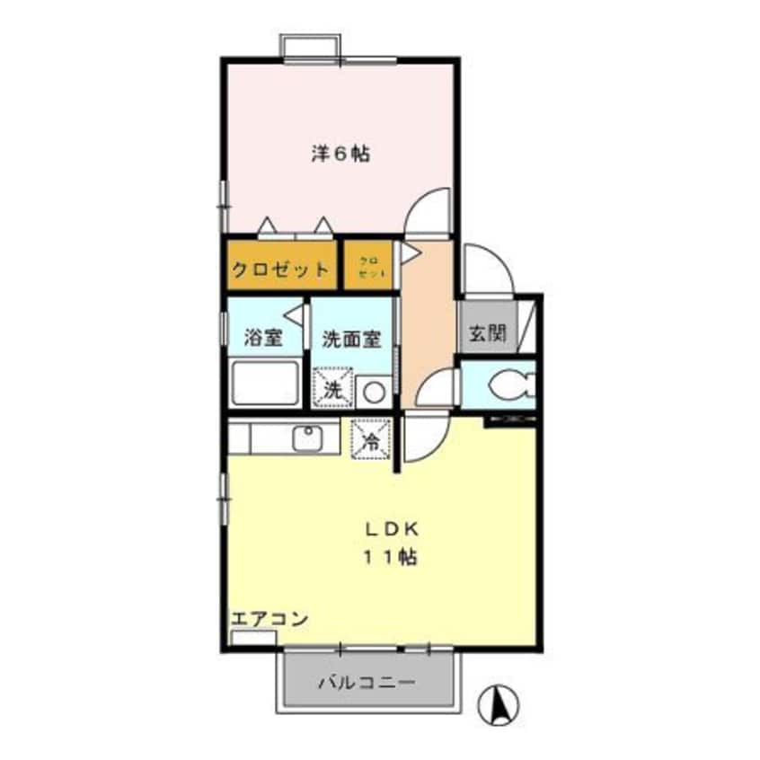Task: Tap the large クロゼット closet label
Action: click(x=280, y=269)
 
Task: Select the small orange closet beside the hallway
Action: click(x=369, y=266)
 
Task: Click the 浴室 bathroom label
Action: click(x=263, y=340)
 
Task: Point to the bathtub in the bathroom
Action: click(x=264, y=384)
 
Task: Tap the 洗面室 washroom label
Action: click(x=352, y=340)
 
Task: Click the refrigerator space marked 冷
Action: click(x=370, y=440)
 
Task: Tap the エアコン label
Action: click(x=270, y=619)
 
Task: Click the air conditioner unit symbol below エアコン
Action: click(x=253, y=637)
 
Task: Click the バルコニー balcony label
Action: click(x=367, y=683)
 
